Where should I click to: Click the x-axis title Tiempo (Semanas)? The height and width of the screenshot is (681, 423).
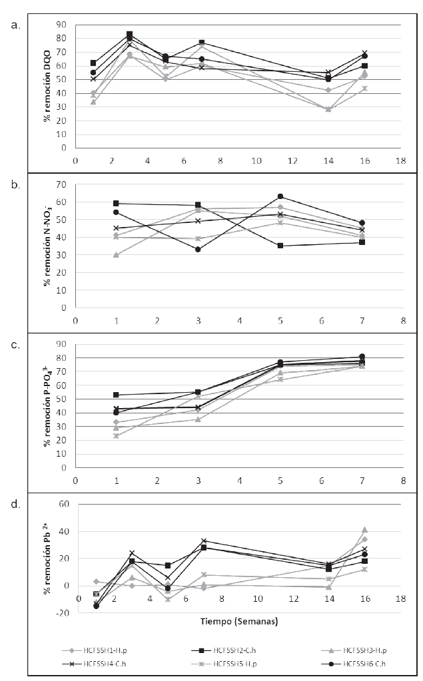click(239, 622)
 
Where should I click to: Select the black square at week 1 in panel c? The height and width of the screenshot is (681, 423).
click(117, 395)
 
